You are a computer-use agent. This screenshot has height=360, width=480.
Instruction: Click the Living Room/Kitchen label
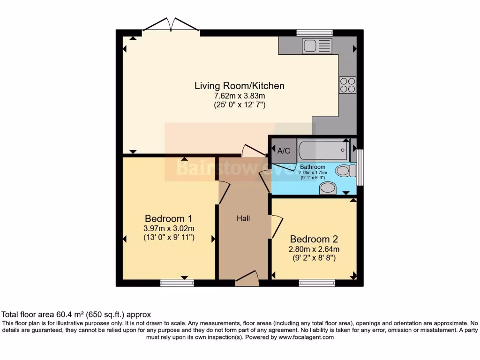coord(240,86)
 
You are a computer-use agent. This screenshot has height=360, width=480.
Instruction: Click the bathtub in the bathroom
coord(323,150)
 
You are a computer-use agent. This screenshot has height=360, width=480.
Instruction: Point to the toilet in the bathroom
coord(345,171)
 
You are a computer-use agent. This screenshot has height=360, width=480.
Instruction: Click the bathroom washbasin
coord(328,188)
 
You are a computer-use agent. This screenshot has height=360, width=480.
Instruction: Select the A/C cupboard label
coord(284,151)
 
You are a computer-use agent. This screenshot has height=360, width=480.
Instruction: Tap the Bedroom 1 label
coord(168,218)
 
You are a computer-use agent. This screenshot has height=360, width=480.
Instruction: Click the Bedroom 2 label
coord(314,239)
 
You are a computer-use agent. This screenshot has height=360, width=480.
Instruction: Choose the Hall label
coord(243,218)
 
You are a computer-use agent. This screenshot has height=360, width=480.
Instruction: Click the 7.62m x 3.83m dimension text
coord(240,96)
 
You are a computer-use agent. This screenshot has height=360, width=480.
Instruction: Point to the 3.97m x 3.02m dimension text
coord(169,228)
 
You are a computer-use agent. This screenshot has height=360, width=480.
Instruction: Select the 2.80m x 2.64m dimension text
coord(314,249)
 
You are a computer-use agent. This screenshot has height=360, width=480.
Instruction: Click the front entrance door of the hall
coord(247,280)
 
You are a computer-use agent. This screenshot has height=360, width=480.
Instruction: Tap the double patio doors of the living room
coord(171,26)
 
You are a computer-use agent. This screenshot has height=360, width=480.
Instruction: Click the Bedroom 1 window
coord(177,283)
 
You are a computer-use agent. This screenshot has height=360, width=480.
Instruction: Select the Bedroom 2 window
coord(317,283)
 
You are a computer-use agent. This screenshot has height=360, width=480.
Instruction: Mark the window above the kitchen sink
coord(315,33)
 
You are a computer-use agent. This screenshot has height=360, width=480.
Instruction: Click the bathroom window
coord(360,167)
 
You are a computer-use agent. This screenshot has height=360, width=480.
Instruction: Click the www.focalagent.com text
coord(306,337)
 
